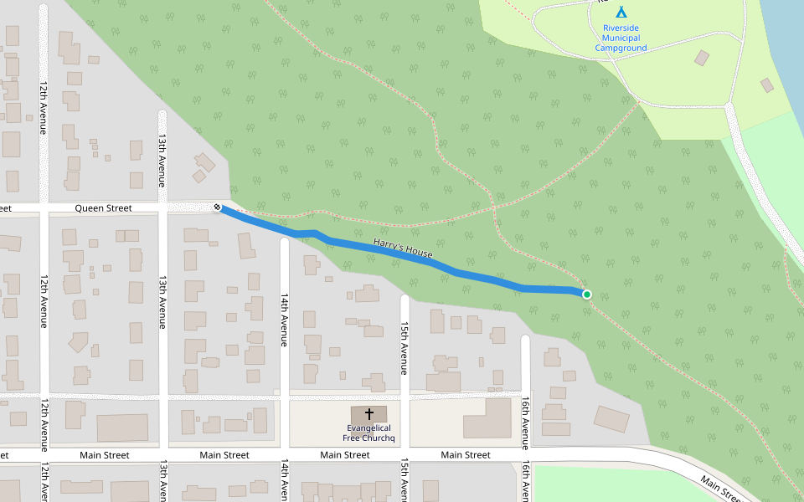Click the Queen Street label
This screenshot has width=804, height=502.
[x=103, y=207]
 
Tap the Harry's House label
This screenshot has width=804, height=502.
[x=403, y=248]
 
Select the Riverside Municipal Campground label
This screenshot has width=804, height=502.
[x=621, y=38]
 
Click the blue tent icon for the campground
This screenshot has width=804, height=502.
[x=621, y=12]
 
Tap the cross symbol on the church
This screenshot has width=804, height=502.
[x=368, y=413]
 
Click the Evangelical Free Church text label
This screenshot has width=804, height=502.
[x=368, y=433]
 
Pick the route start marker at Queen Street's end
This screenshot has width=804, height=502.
[x=218, y=207]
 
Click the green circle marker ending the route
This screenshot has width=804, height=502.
[x=587, y=295]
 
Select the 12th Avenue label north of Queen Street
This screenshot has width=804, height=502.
[x=43, y=106]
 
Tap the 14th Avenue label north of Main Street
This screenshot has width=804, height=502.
[x=284, y=320]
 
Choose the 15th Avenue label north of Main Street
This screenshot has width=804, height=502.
[x=405, y=347]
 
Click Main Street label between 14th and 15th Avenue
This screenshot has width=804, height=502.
[x=345, y=455]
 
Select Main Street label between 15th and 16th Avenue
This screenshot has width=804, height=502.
[x=466, y=455]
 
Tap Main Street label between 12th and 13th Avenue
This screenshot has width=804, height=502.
[x=105, y=455]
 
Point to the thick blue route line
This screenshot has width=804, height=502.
[x=469, y=274]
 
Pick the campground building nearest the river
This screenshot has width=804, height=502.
[x=766, y=85]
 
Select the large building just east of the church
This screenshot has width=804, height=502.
[x=487, y=418]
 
